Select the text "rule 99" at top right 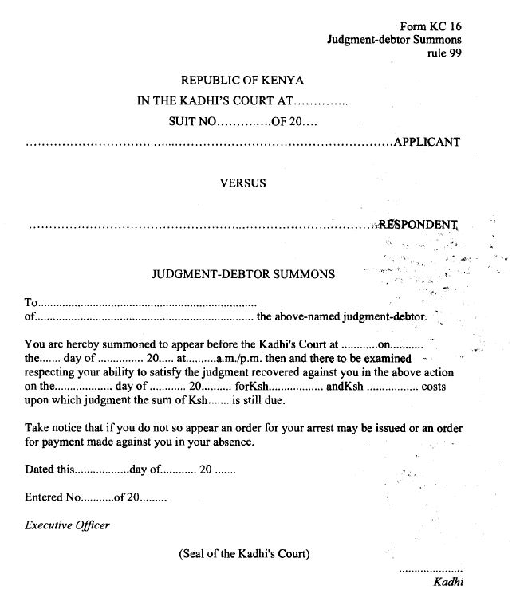point(444,53)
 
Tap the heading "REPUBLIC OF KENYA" point(242,81)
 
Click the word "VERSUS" point(242,183)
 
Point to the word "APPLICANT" point(427,143)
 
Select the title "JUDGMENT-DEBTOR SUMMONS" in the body point(243,273)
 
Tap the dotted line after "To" point(148,303)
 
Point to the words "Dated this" point(49,470)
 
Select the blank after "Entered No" point(98,497)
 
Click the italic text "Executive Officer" point(68,525)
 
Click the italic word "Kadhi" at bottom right point(447,582)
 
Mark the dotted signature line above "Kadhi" point(430,570)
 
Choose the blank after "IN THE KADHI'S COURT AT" point(321,102)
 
